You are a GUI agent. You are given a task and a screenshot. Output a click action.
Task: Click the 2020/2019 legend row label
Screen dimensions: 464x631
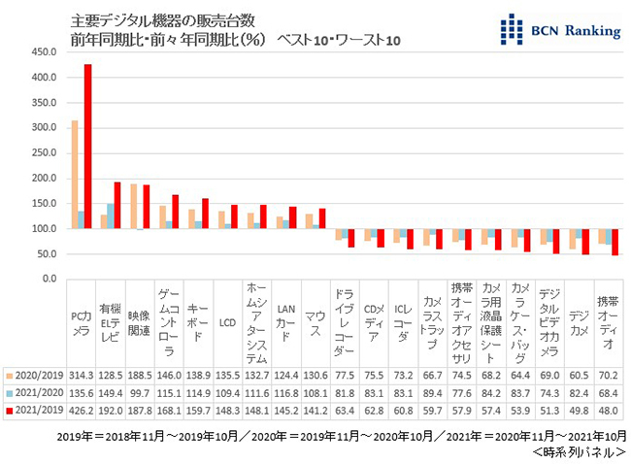pyautogui.click(x=35, y=374)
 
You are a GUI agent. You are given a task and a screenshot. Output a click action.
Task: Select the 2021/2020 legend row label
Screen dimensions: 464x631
pyautogui.click(x=35, y=393)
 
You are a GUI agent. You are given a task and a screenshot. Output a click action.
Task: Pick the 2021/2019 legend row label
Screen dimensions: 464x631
pyautogui.click(x=35, y=412)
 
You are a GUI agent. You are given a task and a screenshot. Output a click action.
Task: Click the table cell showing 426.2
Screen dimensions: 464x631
pyautogui.click(x=81, y=412)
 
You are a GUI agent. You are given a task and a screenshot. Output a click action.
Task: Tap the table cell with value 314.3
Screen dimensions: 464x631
pyautogui.click(x=81, y=374)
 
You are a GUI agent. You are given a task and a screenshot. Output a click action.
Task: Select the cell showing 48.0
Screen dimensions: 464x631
pyautogui.click(x=609, y=412)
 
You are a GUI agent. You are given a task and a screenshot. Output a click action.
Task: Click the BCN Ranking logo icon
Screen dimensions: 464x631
pyautogui.click(x=511, y=30)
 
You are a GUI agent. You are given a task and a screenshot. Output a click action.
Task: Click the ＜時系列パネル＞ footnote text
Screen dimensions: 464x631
pyautogui.click(x=579, y=451)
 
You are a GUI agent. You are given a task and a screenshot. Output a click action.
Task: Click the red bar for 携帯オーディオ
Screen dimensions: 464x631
pyautogui.click(x=615, y=242)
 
